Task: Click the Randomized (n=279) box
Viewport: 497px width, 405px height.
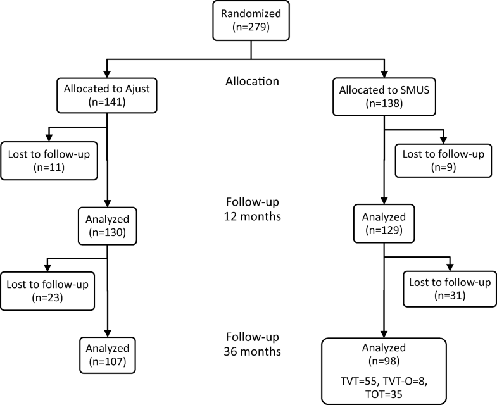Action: tap(251, 22)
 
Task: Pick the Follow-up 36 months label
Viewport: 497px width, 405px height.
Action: tap(251, 344)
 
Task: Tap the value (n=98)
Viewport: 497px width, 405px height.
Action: tap(384, 361)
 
